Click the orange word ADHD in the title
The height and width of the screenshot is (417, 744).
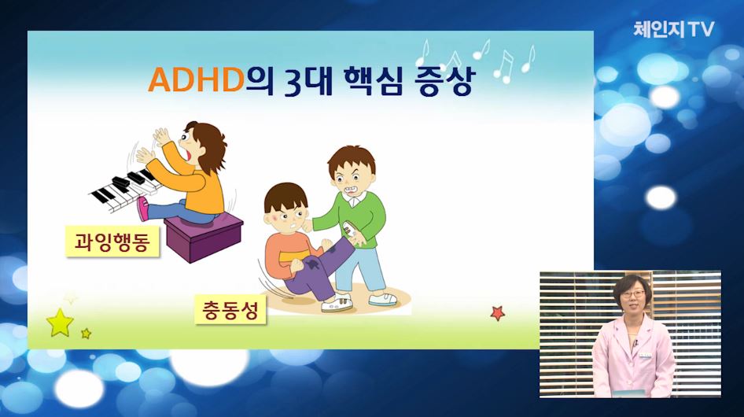pos(196,79)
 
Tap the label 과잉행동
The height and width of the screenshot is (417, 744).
pos(112,242)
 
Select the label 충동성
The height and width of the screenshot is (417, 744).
pos(230,310)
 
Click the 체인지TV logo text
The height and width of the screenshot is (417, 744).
pos(674,29)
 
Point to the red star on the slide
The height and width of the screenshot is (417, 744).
pos(497,313)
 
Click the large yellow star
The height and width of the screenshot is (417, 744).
pos(61,323)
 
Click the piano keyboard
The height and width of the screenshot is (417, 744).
pos(124,188)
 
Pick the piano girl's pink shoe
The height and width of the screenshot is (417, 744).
pos(142,209)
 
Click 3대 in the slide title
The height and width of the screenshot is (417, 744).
pos(306,82)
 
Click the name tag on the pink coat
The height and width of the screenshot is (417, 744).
pos(645,355)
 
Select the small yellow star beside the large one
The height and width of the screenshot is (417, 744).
pos(86,334)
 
